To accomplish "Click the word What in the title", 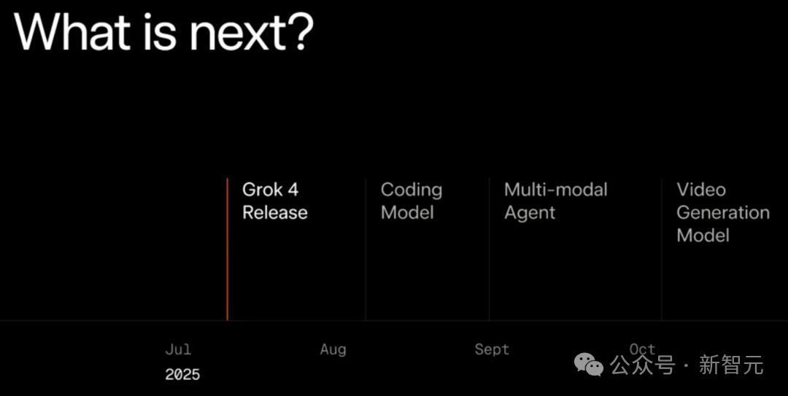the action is click(74, 31).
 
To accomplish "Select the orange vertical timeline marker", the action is click(227, 249).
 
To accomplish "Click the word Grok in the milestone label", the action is click(263, 190).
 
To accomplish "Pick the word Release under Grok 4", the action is click(275, 212).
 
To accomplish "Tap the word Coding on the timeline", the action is click(412, 190).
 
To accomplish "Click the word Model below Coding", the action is click(407, 212).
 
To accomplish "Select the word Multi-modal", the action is click(556, 190).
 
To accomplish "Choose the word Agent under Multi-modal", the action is click(530, 213).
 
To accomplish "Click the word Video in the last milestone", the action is click(701, 190).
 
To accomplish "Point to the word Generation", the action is click(723, 212).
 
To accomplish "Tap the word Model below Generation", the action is click(703, 235).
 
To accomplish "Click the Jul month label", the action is click(178, 349).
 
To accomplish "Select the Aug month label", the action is click(333, 350).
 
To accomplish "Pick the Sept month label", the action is click(492, 350).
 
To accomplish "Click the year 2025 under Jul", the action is click(182, 374).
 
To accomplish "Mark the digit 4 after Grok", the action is click(293, 190).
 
